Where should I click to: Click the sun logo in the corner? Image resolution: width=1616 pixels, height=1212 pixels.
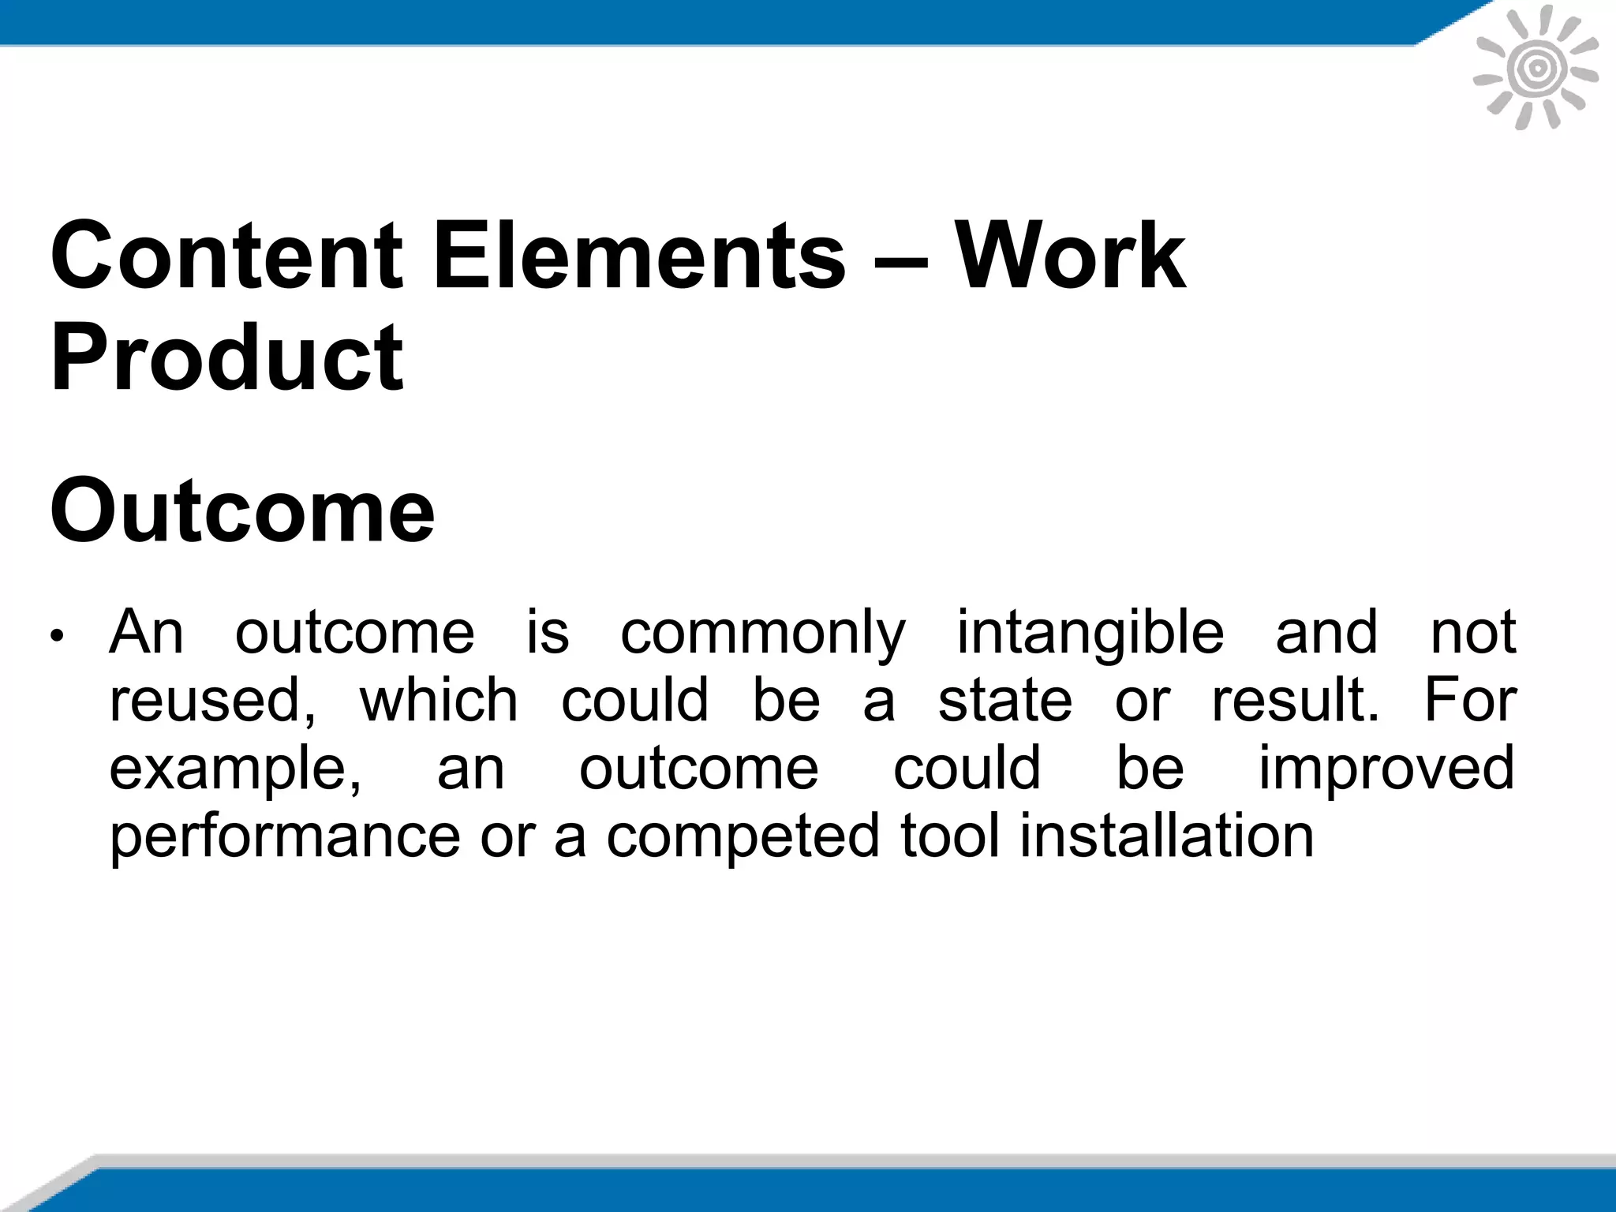pos(1536,69)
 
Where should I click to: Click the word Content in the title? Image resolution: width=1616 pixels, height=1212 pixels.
pos(227,256)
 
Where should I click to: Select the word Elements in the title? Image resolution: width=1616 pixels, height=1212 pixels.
pos(639,256)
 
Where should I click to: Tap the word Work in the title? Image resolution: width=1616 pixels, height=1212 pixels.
pos(1071,256)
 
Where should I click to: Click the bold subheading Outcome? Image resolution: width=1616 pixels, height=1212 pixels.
pos(242,511)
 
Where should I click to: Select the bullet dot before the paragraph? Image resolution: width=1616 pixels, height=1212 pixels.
pos(55,636)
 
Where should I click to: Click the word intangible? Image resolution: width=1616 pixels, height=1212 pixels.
pos(1090,634)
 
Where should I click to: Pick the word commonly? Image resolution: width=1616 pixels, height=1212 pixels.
pos(763,634)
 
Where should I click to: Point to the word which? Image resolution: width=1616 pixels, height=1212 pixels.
pos(439,701)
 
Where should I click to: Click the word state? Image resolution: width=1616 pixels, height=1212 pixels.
pos(1005,701)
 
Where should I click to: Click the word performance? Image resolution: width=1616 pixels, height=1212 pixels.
pos(284,836)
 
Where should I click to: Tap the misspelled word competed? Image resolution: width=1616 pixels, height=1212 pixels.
pos(742,836)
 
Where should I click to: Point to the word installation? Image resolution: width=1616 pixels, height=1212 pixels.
pos(1167,836)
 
